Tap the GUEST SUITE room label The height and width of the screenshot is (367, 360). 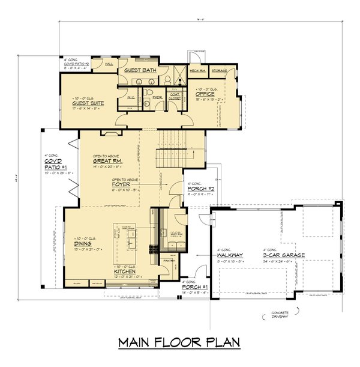point(87,103)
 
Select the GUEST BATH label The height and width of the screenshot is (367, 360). point(140,71)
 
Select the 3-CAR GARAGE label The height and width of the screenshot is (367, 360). point(284,255)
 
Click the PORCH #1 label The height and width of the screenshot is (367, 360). point(195,287)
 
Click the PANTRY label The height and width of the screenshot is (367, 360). point(169,261)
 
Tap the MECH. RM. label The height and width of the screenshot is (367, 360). point(198,70)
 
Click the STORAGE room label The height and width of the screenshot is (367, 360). point(219,70)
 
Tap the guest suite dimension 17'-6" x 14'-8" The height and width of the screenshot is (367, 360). point(88,109)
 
